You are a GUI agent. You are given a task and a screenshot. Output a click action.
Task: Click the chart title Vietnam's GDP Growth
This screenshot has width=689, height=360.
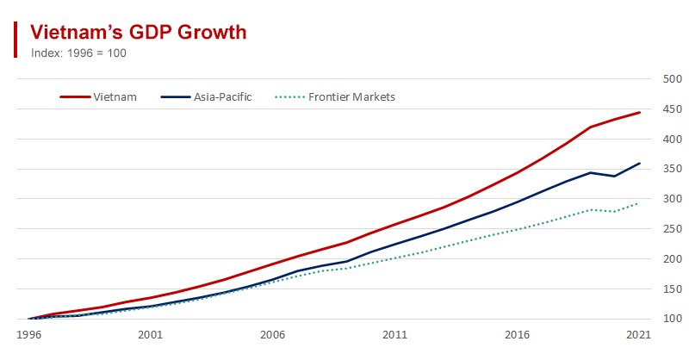click(x=139, y=32)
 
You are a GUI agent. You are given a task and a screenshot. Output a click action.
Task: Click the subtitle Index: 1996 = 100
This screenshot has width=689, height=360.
click(x=78, y=52)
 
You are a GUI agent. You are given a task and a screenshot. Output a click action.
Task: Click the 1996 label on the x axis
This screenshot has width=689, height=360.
click(x=28, y=333)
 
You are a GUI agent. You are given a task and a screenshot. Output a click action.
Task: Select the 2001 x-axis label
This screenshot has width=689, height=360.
click(x=151, y=333)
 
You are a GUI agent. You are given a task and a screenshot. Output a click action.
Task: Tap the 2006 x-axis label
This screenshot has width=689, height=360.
click(x=273, y=333)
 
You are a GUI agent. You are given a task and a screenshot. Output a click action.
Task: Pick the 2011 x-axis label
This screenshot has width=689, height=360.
click(x=395, y=333)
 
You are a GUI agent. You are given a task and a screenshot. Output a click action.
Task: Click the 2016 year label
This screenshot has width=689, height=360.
click(x=517, y=333)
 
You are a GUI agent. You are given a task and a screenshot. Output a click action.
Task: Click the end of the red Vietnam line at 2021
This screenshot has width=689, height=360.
click(x=639, y=113)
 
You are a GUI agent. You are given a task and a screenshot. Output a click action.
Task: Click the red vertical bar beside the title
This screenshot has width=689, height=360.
click(x=16, y=40)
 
